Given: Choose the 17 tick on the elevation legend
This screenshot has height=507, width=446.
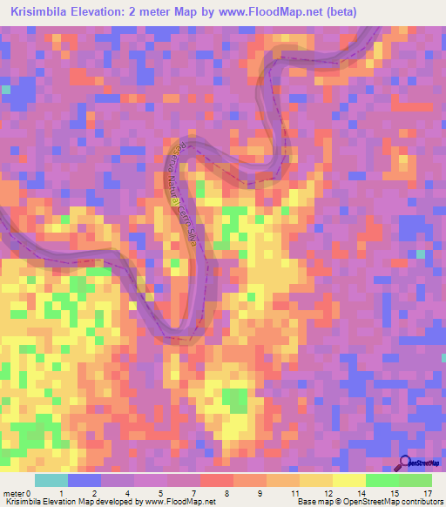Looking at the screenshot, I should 427,494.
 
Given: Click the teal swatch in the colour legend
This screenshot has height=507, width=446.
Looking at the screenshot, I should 51,480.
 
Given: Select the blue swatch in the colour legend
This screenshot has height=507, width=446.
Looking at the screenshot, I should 84,480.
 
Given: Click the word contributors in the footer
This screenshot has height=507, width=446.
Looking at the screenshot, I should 415,502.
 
